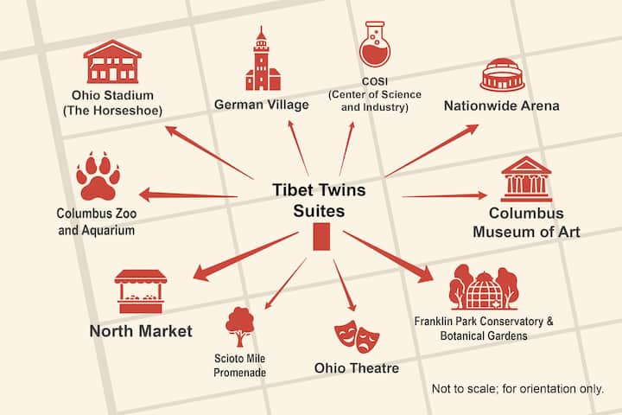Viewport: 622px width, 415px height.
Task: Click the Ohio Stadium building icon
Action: [112, 61]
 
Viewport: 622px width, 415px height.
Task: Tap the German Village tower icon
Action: [263, 59]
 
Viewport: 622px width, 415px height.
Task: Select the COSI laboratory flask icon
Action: [374, 44]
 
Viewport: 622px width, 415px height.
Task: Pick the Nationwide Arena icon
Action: [503, 75]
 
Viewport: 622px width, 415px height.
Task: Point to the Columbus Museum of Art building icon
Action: [526, 179]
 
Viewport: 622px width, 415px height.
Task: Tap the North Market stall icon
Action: [141, 291]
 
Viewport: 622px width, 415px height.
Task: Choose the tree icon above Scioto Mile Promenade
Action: [239, 327]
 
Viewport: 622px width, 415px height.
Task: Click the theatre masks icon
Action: [357, 336]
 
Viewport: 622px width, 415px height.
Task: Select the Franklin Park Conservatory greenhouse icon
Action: [484, 287]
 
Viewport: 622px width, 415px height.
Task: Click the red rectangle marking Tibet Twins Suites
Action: [321, 237]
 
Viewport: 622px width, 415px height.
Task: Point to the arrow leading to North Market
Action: [245, 256]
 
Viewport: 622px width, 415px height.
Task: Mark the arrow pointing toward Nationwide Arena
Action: [432, 150]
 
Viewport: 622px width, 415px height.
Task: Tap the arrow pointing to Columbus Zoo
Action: [188, 195]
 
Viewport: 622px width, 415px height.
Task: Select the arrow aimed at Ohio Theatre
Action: [345, 285]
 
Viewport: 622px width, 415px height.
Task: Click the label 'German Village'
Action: [262, 105]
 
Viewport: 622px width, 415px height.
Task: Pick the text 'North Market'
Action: [141, 331]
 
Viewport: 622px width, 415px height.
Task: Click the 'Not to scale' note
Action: [517, 388]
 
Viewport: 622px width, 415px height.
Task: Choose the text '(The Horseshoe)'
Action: [112, 111]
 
